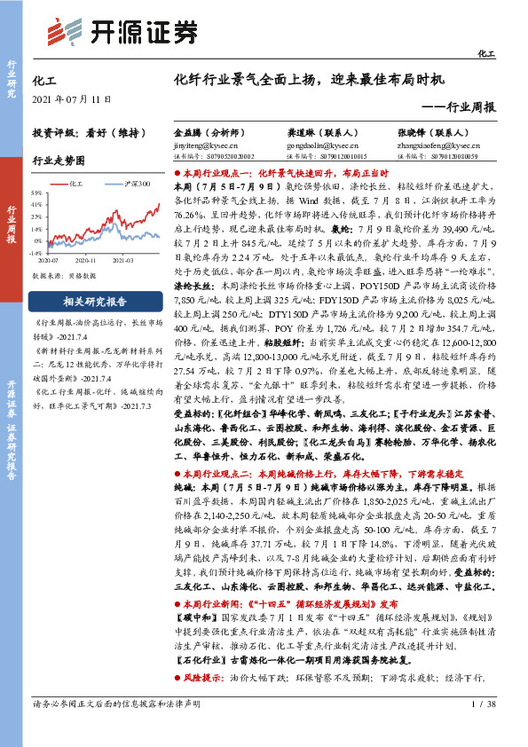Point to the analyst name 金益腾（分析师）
pyautogui.click(x=209, y=130)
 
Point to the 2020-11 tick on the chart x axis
pyautogui.click(x=85, y=262)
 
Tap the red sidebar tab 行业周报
pyautogui.click(x=12, y=221)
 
